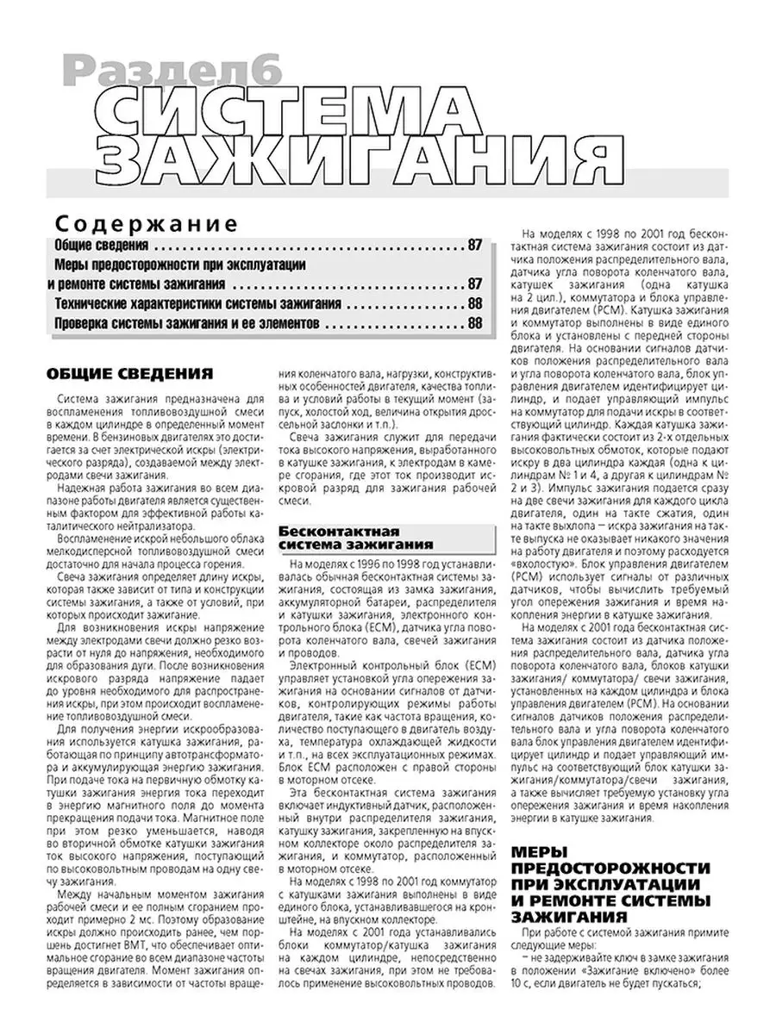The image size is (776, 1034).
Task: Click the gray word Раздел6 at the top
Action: click(x=172, y=72)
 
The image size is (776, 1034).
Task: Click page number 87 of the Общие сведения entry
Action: click(x=475, y=244)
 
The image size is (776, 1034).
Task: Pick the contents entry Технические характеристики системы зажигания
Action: click(x=197, y=303)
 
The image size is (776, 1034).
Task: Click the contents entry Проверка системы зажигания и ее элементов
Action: click(x=187, y=323)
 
